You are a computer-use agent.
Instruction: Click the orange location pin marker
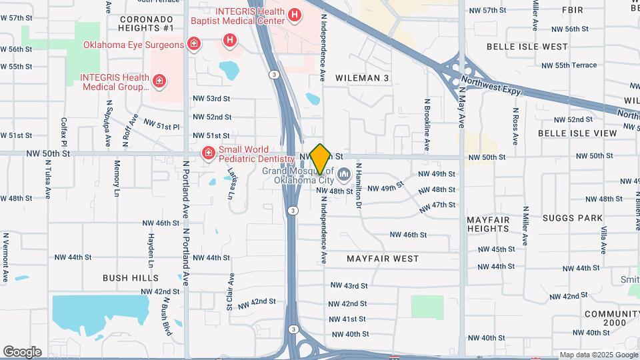320,159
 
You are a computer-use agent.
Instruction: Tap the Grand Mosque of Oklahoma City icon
345,175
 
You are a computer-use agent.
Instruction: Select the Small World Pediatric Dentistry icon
209,154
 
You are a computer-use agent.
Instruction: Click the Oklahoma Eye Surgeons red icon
193,45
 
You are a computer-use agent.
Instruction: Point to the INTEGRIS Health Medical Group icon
159,82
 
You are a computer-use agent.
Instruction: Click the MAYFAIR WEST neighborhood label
383,258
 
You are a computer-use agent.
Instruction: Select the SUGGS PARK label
572,218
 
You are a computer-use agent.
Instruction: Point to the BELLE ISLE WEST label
527,47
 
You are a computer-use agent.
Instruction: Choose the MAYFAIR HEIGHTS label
488,224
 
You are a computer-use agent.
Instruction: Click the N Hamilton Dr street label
358,186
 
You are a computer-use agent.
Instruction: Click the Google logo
22,352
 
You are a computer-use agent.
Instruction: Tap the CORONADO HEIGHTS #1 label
146,23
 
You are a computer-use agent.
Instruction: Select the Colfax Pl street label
65,132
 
